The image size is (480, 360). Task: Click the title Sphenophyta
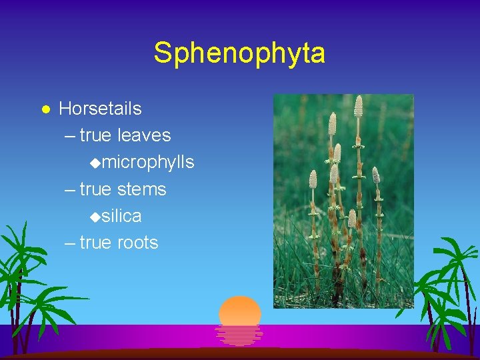[x=239, y=53]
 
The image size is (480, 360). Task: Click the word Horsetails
[x=100, y=108]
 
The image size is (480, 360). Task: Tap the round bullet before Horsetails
[x=45, y=109]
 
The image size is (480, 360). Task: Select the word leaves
[x=144, y=135]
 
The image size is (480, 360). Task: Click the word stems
[x=141, y=189]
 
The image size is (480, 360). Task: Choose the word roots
[x=137, y=243]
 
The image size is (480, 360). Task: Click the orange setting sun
[x=240, y=310]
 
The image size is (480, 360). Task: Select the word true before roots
[x=95, y=243]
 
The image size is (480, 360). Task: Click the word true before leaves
[x=95, y=135]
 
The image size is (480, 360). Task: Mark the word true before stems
[x=95, y=189]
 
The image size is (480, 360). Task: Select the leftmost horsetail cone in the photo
[x=313, y=179]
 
